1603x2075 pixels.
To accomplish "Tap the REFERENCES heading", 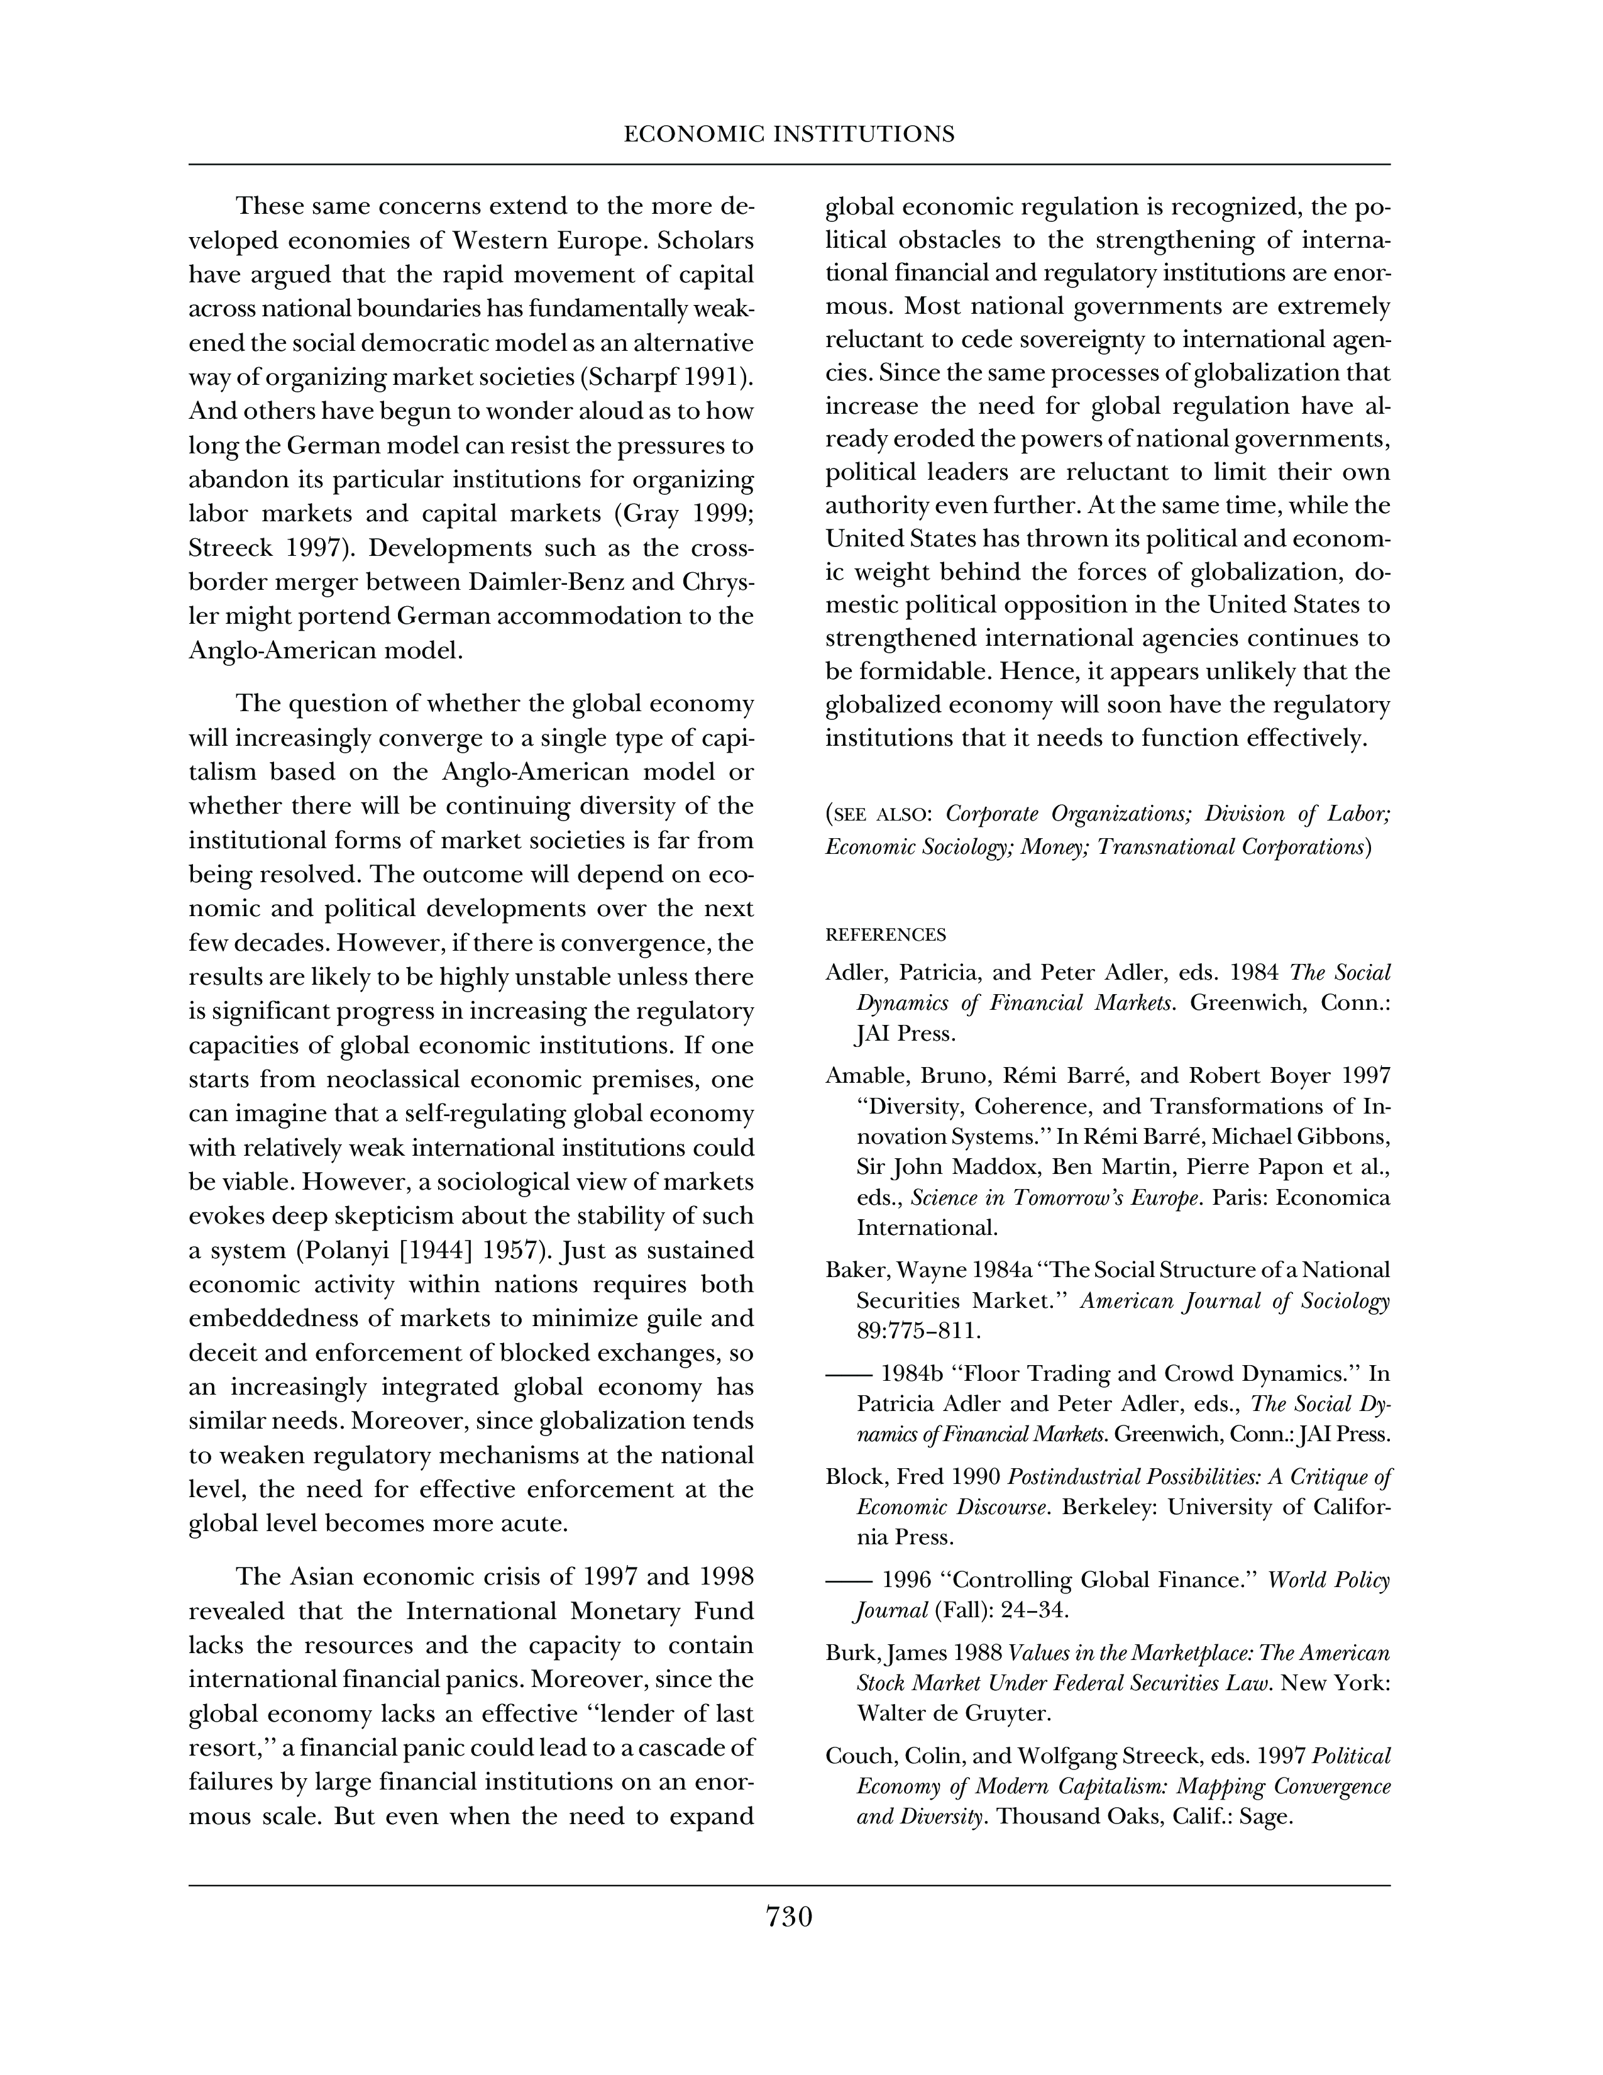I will [885, 935].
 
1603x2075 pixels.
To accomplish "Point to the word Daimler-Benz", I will [537, 582].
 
